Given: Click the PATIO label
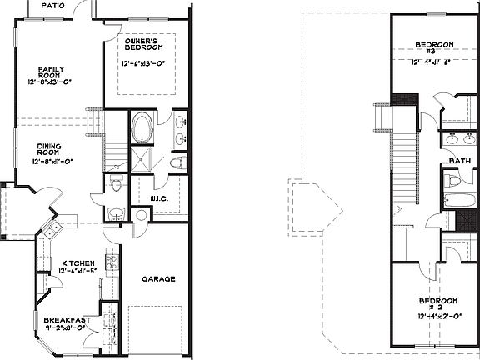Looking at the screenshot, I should point(52,4).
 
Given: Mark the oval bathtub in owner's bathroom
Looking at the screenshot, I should point(144,129).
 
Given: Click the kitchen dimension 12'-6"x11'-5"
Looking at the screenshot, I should point(79,272).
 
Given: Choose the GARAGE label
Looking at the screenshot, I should point(157,278).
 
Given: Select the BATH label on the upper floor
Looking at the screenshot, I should point(459,161).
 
